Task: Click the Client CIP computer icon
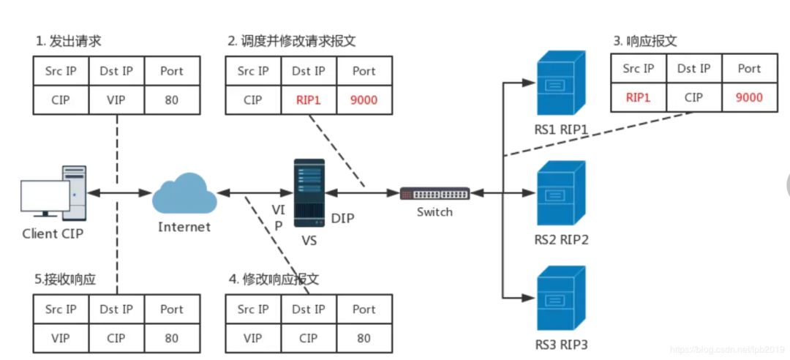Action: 52,192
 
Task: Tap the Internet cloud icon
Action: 184,193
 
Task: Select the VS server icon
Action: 309,192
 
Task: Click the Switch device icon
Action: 434,193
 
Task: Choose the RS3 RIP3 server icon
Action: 561,301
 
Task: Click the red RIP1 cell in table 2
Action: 308,100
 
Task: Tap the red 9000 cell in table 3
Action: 749,97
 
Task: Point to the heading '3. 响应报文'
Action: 645,41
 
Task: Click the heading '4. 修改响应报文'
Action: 274,280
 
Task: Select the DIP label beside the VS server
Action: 342,218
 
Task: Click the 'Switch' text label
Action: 434,212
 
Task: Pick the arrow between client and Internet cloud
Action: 119,193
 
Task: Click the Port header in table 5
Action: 171,310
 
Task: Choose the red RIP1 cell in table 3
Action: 638,97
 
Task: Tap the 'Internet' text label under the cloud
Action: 184,227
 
